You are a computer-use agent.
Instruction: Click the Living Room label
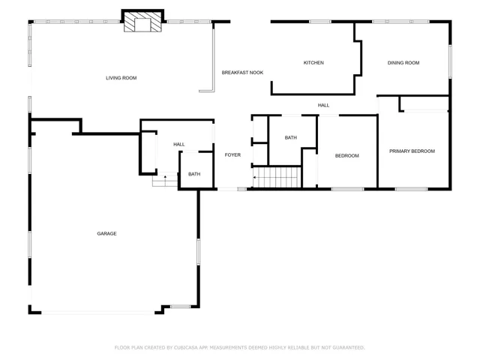[121, 78]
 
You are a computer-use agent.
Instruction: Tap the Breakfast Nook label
[242, 73]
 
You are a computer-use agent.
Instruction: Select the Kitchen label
[313, 63]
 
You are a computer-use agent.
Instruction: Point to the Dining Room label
[403, 63]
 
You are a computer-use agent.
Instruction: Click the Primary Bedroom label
[412, 151]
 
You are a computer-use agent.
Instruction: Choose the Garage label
[106, 234]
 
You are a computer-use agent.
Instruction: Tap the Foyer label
[232, 155]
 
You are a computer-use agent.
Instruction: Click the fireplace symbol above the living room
[142, 23]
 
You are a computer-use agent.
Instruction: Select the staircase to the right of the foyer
[276, 178]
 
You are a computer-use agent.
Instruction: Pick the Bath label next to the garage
[194, 175]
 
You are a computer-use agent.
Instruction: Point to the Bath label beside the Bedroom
[291, 138]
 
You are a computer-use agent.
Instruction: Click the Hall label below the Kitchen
[323, 106]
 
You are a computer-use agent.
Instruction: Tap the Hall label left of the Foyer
[179, 145]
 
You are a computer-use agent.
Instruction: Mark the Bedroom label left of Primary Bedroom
[346, 156]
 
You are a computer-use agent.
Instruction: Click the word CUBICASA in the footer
[188, 348]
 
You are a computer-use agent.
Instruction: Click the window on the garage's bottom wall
[180, 306]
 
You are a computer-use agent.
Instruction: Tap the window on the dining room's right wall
[450, 61]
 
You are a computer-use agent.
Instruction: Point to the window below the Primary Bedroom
[411, 188]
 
